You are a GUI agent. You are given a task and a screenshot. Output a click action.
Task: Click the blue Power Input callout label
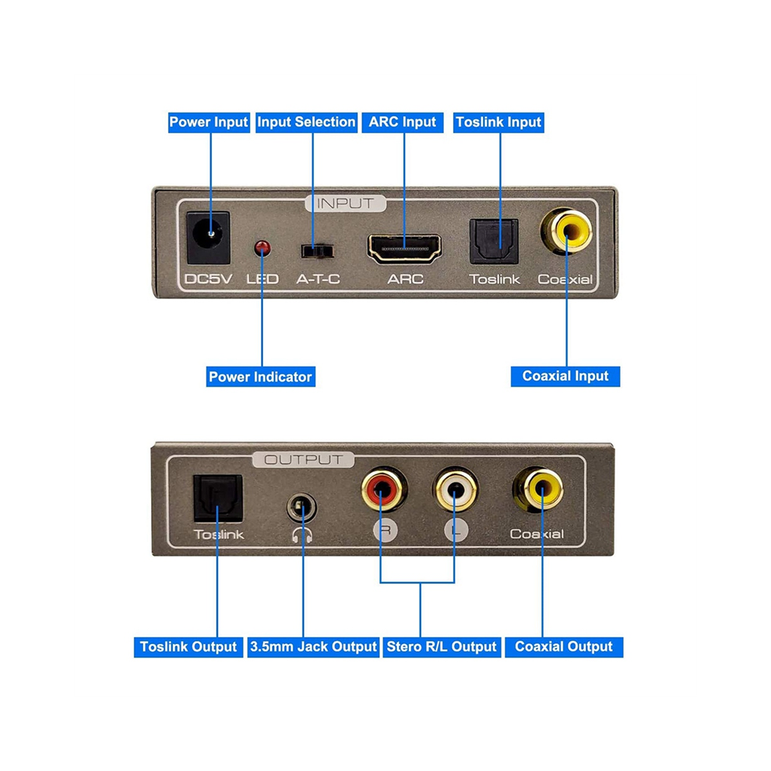click(209, 122)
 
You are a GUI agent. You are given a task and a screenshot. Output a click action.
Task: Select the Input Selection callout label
click(306, 122)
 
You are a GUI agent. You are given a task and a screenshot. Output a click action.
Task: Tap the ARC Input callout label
click(402, 122)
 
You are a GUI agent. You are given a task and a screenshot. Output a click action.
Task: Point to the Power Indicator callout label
click(261, 377)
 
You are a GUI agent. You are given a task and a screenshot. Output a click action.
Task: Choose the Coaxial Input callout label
click(565, 376)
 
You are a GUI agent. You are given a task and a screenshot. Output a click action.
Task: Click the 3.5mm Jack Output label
click(313, 647)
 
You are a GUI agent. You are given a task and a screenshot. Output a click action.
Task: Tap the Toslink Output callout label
click(188, 647)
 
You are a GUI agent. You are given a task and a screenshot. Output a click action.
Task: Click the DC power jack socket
click(209, 238)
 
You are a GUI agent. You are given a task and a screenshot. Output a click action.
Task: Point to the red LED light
click(262, 248)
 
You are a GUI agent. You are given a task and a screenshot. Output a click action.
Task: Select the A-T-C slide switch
click(317, 252)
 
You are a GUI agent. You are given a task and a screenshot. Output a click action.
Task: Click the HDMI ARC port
click(404, 248)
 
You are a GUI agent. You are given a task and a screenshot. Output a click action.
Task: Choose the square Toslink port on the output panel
click(218, 498)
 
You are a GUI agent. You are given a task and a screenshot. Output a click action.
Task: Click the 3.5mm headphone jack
click(301, 508)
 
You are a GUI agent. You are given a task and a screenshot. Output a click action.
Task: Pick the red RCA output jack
click(383, 489)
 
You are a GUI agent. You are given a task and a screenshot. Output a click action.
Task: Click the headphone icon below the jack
click(302, 534)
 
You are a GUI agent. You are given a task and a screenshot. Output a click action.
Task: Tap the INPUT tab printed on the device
click(345, 203)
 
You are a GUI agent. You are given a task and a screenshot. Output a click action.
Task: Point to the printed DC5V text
click(208, 280)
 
